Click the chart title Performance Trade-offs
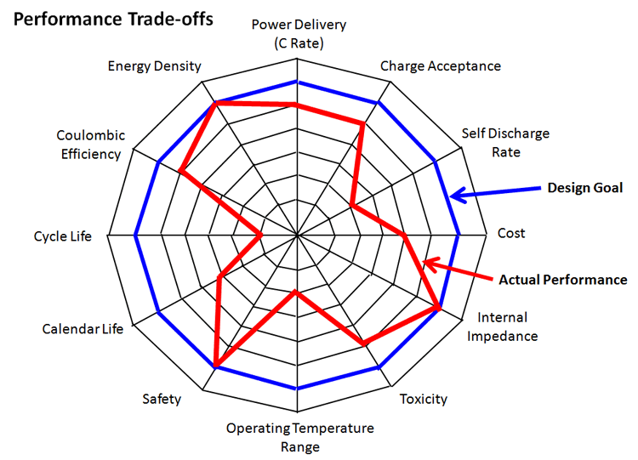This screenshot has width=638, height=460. click(x=113, y=19)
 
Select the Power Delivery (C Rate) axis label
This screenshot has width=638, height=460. click(x=299, y=33)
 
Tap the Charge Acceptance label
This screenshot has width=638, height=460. click(x=441, y=66)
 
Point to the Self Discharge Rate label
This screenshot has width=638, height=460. click(x=505, y=142)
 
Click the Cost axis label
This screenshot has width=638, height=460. click(x=511, y=233)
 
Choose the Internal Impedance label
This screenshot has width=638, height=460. click(x=502, y=327)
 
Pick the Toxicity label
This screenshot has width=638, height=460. click(x=423, y=399)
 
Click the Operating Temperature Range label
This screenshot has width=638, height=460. click(x=300, y=437)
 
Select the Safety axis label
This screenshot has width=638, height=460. click(x=162, y=399)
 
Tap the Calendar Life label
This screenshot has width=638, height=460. click(x=83, y=328)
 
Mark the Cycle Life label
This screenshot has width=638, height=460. click(x=63, y=236)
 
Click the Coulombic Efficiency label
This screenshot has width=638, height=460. click(x=91, y=145)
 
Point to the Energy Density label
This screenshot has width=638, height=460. click(x=154, y=66)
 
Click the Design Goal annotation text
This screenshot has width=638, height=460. click(x=584, y=188)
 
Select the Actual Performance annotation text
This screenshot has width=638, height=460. click(x=563, y=280)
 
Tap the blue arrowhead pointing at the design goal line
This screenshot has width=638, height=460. click(x=458, y=196)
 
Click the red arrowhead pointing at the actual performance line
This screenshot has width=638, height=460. click(x=431, y=264)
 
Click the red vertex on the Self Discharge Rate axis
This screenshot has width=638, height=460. click(x=352, y=205)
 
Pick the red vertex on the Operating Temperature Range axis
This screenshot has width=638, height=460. click(x=296, y=292)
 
